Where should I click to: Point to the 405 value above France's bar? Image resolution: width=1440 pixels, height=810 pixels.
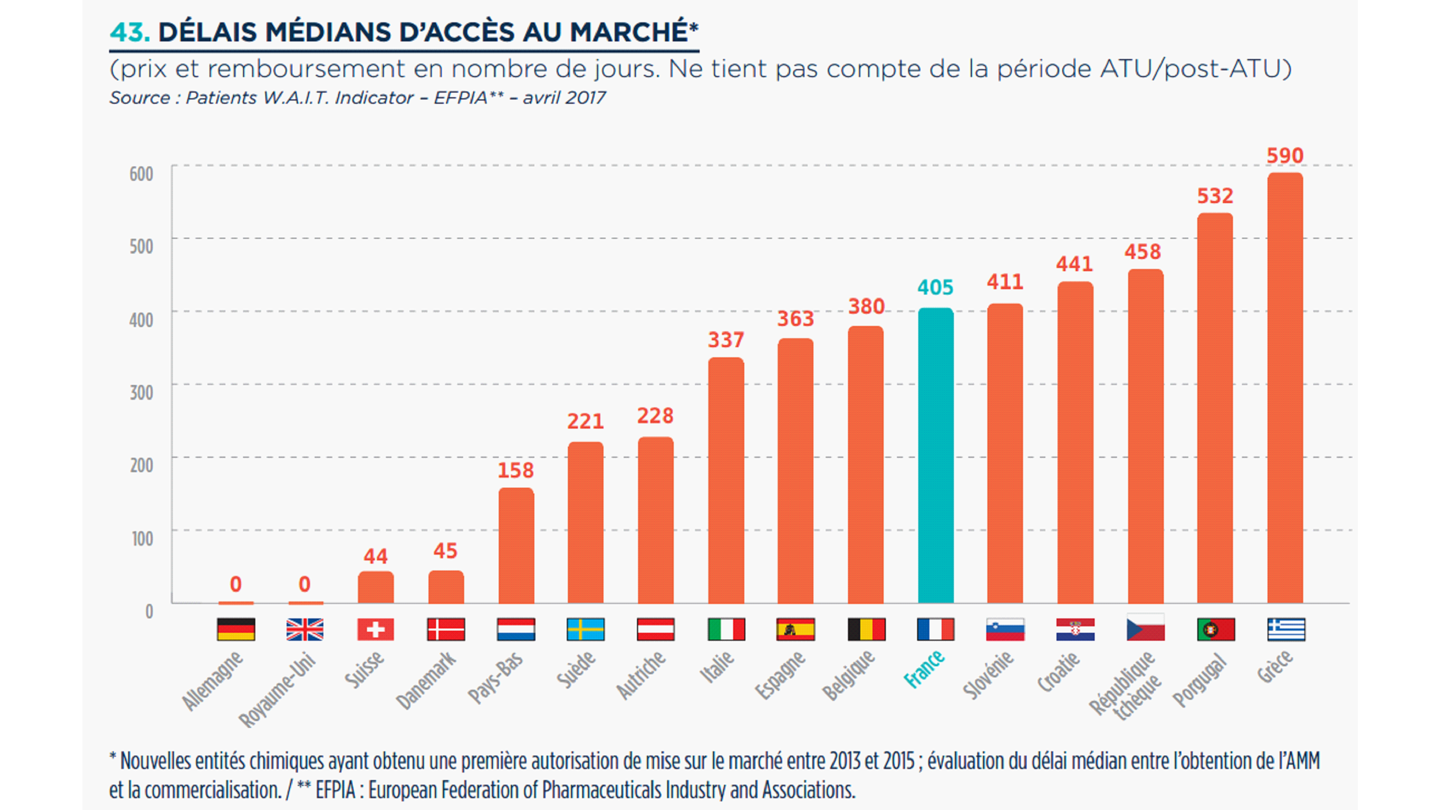click(x=935, y=288)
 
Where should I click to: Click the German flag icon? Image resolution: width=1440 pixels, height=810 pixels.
click(x=236, y=630)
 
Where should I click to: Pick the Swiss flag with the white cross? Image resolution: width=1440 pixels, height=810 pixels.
click(x=375, y=630)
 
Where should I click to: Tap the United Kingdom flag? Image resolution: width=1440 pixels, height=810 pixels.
click(x=305, y=630)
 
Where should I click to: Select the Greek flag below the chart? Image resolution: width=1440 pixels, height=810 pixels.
click(x=1286, y=630)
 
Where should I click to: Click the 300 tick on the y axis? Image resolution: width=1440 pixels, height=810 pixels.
click(x=142, y=393)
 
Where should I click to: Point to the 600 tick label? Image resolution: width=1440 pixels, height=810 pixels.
click(x=142, y=174)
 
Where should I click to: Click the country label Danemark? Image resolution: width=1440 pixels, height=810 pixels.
click(x=426, y=681)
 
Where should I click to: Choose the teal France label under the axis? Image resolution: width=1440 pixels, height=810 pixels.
click(x=924, y=669)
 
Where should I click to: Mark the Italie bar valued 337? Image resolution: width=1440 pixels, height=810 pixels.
click(x=726, y=481)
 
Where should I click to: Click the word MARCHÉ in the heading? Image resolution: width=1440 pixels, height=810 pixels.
click(x=629, y=32)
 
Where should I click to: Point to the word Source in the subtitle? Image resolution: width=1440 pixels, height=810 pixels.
click(x=140, y=98)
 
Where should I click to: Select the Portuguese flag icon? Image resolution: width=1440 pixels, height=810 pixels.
click(x=1216, y=630)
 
